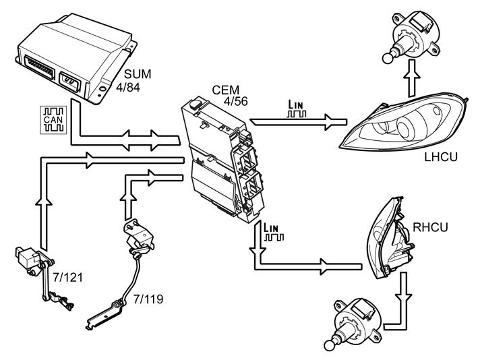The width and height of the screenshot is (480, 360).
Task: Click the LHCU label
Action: (442, 159)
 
